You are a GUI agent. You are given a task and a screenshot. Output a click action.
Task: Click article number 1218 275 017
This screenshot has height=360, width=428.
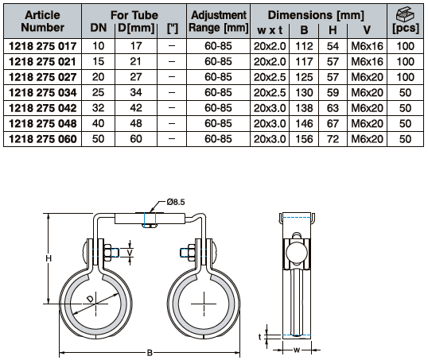point(43,46)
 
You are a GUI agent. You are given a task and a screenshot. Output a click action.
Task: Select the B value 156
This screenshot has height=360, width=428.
point(304,139)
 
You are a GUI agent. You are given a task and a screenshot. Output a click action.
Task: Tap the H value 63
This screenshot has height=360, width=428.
point(333,108)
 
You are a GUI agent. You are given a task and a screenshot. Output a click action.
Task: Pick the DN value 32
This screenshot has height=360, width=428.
point(99,108)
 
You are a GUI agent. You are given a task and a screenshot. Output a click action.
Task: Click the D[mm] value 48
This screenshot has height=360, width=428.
point(136,123)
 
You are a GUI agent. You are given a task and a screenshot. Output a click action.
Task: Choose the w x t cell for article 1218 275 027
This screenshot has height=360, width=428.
point(270,77)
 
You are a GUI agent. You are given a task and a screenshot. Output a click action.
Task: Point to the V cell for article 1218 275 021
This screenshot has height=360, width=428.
point(367,62)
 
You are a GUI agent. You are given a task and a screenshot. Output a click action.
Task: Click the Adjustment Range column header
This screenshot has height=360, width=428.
point(219,21)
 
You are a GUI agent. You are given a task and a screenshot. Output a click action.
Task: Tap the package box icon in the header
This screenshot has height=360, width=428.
point(405,14)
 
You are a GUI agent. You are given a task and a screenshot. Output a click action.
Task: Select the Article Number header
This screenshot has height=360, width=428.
point(43,21)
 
